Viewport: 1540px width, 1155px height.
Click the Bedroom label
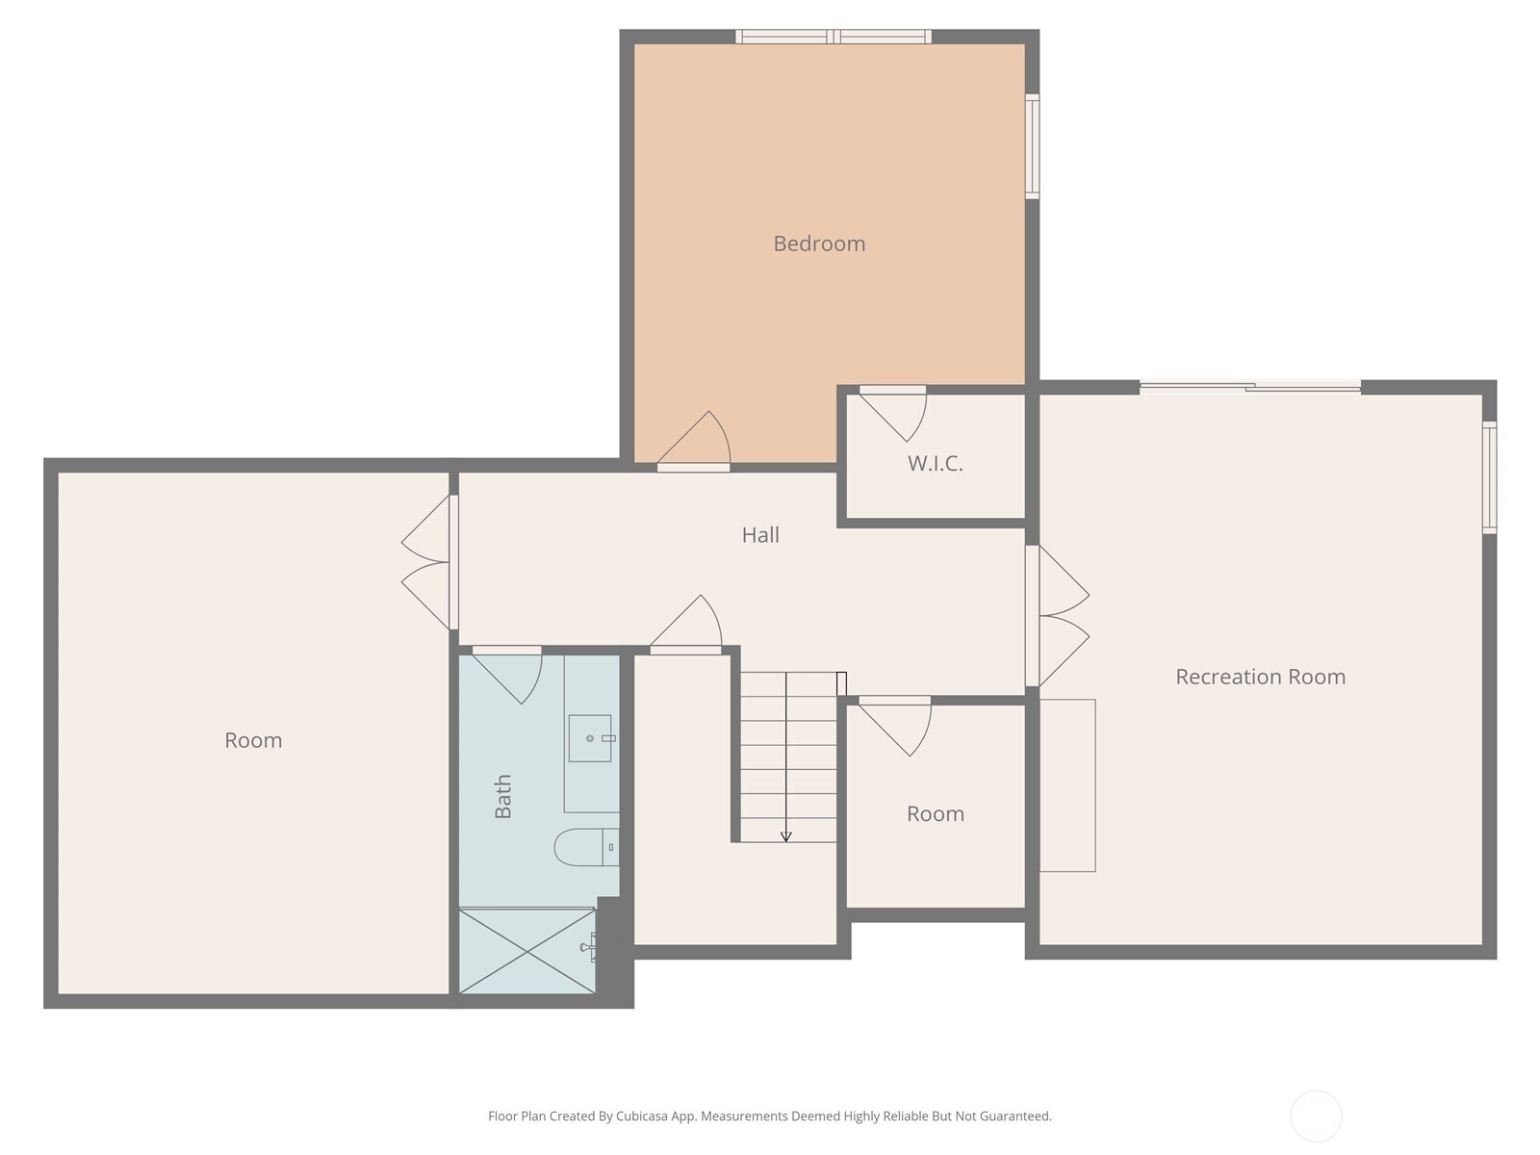(819, 244)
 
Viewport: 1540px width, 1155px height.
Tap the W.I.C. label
(935, 464)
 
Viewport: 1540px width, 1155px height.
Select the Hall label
(760, 535)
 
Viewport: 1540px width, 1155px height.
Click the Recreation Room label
(1260, 677)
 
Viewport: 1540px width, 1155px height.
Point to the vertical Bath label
(503, 796)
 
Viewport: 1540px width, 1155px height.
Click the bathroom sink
(590, 738)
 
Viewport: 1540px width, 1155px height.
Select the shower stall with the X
(527, 950)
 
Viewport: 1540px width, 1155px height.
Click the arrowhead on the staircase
(785, 836)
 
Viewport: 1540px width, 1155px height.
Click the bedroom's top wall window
(834, 38)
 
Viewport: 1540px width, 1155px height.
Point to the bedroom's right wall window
(1032, 146)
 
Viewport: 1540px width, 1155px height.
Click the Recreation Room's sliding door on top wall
(1250, 387)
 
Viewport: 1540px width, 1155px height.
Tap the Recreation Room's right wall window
(1489, 477)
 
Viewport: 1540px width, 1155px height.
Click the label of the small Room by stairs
(935, 814)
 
